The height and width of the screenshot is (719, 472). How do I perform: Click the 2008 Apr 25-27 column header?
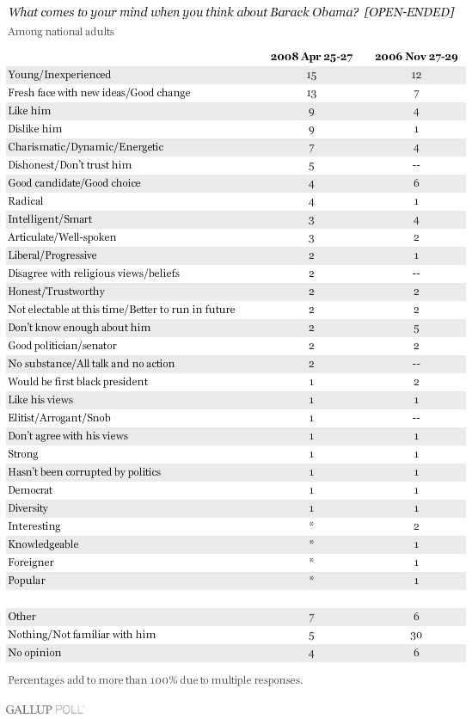tap(311, 57)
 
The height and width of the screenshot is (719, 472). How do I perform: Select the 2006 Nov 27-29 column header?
tap(416, 57)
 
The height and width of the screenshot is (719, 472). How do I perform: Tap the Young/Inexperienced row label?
tap(59, 75)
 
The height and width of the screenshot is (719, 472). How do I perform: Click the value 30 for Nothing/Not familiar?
tap(416, 635)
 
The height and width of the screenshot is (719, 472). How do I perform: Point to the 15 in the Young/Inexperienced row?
tap(311, 75)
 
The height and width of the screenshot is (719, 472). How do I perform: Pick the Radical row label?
tap(26, 201)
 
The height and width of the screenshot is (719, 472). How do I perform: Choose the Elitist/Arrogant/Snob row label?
tap(59, 418)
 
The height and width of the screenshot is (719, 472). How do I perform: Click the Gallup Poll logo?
tap(45, 710)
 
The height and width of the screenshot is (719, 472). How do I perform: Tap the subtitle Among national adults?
tap(61, 32)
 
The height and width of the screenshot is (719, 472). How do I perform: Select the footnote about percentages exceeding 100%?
tap(156, 680)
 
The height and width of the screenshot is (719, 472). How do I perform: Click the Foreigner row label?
tap(31, 562)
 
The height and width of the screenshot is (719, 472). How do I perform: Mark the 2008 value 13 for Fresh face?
tap(311, 94)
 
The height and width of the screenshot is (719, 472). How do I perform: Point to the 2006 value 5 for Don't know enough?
tap(416, 329)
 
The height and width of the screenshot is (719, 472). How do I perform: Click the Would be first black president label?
tap(78, 382)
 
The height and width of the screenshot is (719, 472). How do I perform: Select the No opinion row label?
tap(34, 653)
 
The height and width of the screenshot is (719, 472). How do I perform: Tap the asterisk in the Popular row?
tap(311, 578)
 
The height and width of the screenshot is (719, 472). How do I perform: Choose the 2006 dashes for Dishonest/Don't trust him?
tap(416, 165)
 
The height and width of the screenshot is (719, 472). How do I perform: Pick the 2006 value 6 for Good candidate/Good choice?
tap(416, 183)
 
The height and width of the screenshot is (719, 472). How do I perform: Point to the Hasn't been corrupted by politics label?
tap(84, 472)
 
